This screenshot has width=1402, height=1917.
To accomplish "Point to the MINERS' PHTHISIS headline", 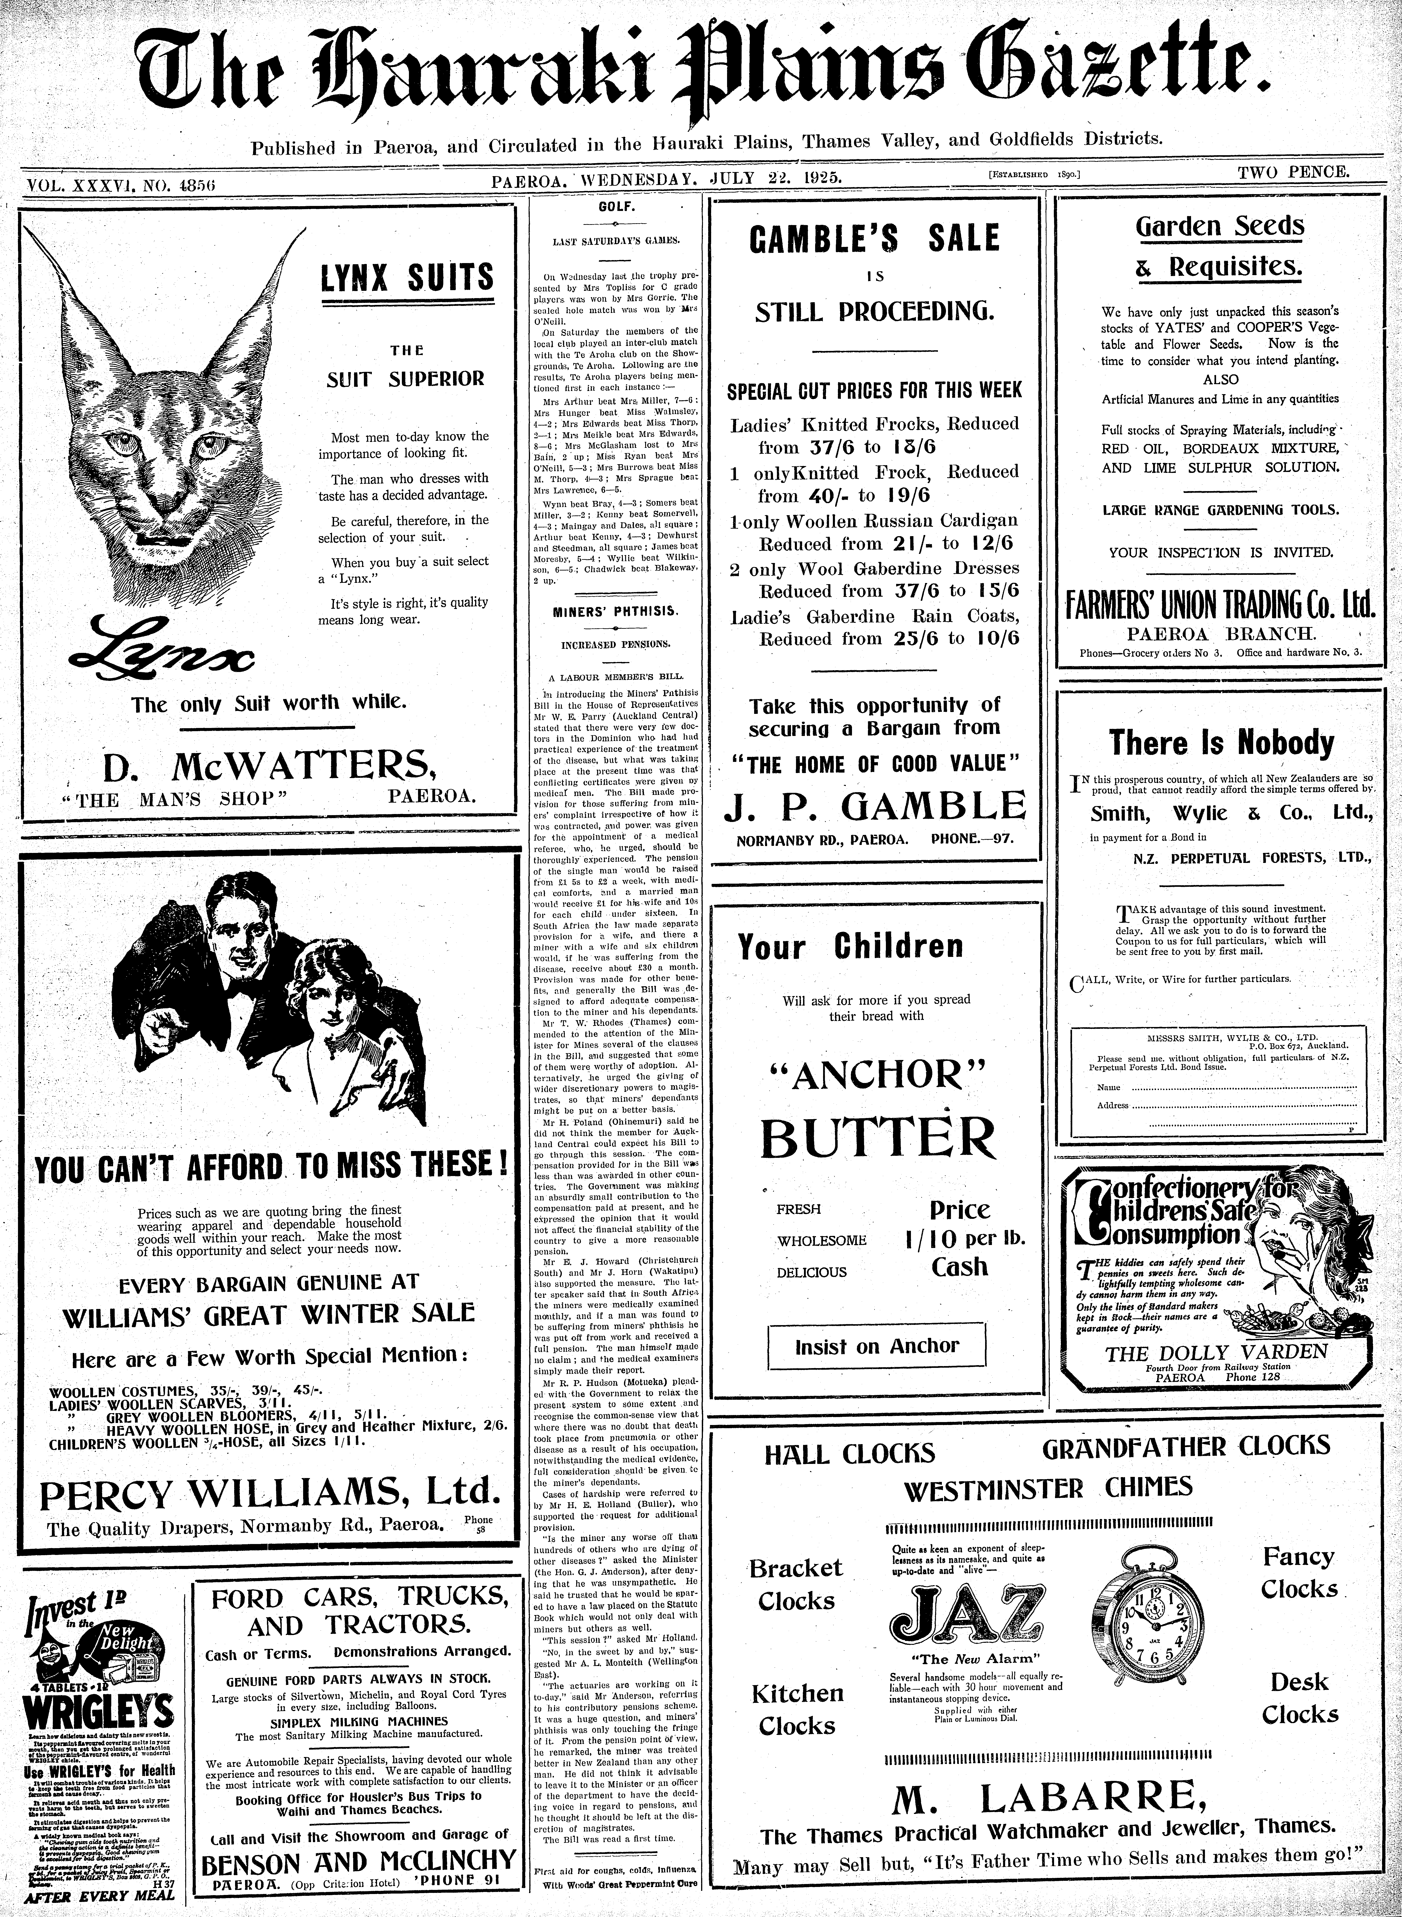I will tap(616, 611).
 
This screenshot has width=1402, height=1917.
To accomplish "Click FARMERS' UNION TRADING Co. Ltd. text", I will tap(1219, 606).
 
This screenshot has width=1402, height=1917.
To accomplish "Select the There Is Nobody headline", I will tap(1221, 743).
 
